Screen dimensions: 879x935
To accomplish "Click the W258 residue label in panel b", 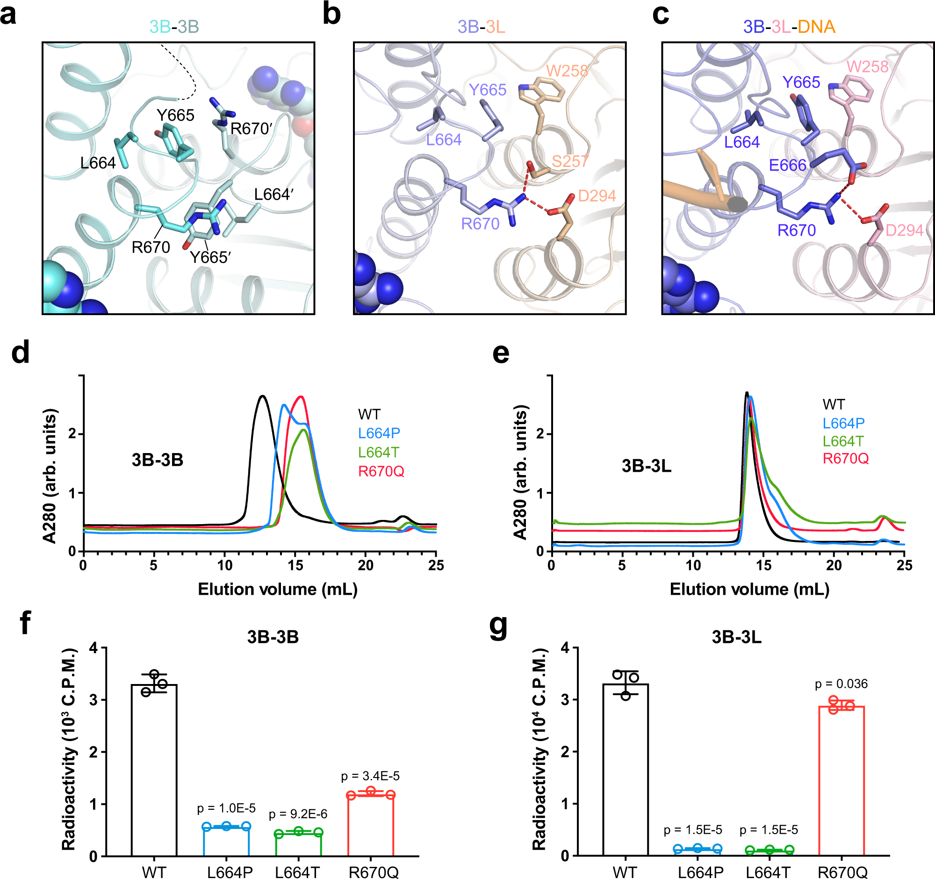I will (567, 71).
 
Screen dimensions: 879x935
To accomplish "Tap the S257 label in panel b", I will (569, 161).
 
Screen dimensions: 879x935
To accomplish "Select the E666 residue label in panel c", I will (787, 165).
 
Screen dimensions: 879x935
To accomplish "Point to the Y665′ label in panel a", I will (210, 257).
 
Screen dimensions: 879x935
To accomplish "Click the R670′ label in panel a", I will (251, 129).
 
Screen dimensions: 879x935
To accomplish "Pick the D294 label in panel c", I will (904, 230).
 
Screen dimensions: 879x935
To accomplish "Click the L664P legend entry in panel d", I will (379, 432).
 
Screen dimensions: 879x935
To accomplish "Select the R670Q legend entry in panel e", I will (845, 458).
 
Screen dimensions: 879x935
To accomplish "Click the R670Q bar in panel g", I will (841, 781).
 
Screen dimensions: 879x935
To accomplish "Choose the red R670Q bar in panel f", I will (371, 825).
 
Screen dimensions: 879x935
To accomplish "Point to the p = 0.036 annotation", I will (841, 684).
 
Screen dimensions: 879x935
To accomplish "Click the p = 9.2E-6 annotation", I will (298, 814).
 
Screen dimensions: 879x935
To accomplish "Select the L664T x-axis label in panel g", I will (768, 872).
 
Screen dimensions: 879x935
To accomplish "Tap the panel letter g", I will (498, 626).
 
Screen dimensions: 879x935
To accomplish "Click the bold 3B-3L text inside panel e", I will (646, 466).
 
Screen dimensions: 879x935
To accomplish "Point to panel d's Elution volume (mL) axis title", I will (278, 589).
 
